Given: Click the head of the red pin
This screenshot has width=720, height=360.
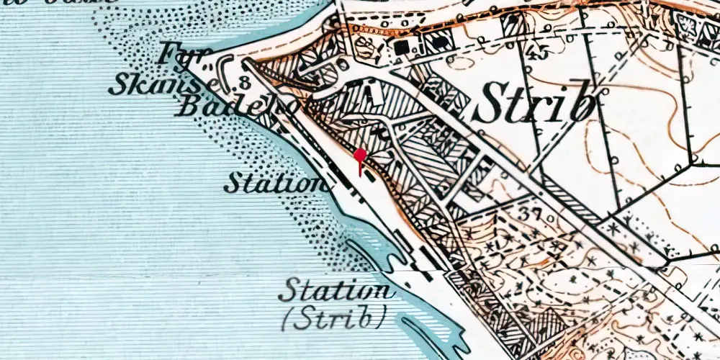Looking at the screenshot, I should tap(359, 156).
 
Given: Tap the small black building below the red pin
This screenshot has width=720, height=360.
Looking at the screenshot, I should tap(369, 176).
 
